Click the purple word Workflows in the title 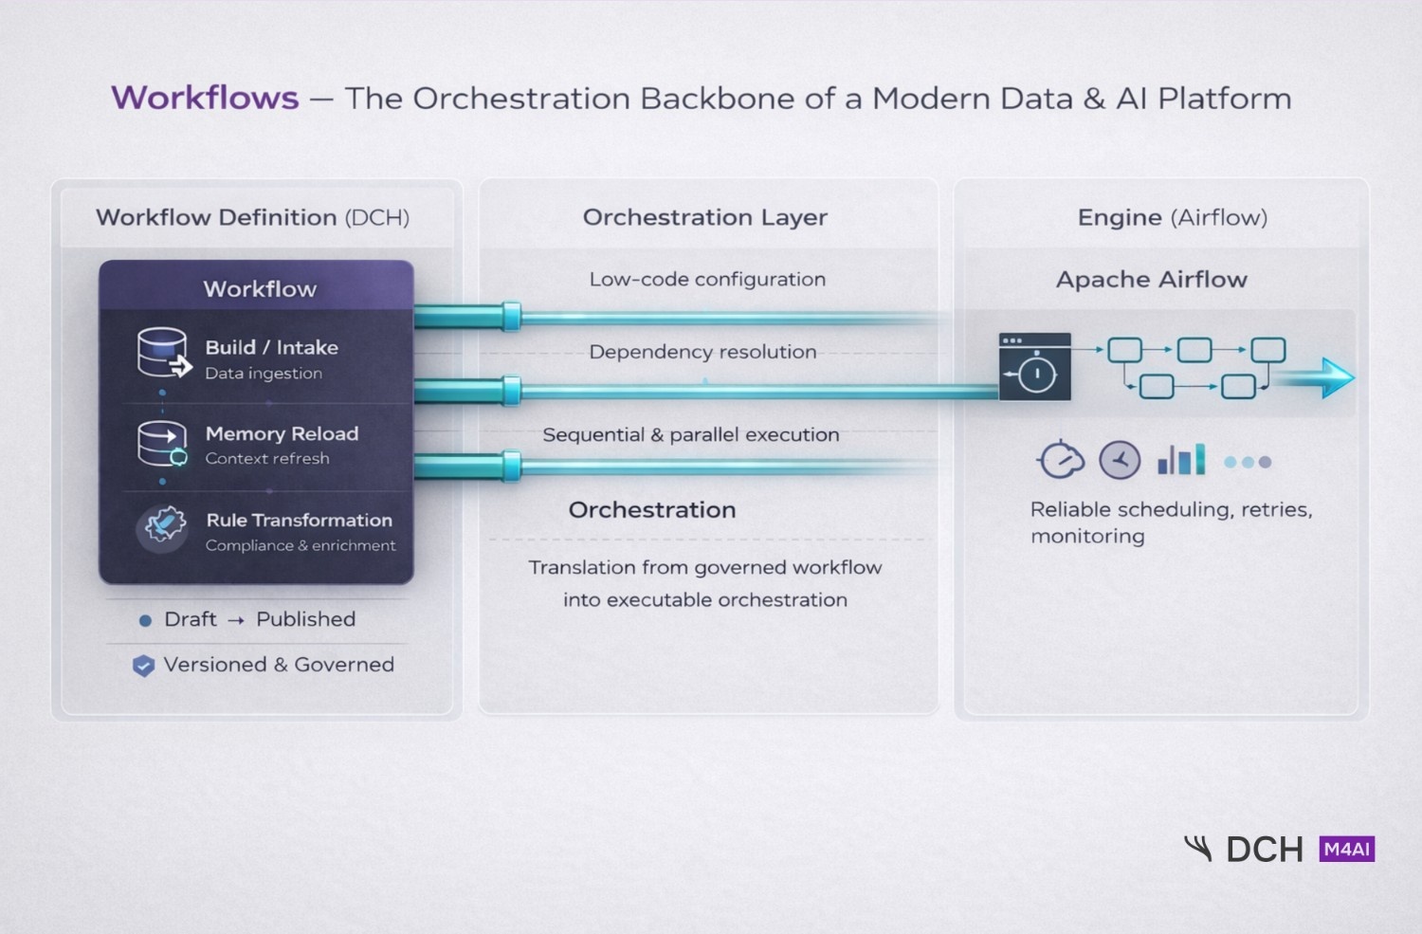(x=205, y=98)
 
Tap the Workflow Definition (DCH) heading (x=252, y=217)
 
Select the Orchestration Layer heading (x=705, y=217)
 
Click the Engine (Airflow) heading (x=1172, y=217)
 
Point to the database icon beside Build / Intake (x=163, y=354)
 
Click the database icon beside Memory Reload (x=162, y=443)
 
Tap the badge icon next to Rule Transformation (x=163, y=526)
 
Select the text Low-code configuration (x=707, y=279)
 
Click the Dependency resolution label (x=702, y=352)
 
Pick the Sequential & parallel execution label (x=690, y=434)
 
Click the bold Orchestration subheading (x=652, y=510)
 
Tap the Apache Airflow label (x=1152, y=280)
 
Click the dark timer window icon (x=1034, y=366)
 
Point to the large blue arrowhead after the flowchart (x=1337, y=377)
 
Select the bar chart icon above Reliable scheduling (x=1181, y=460)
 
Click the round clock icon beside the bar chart (x=1120, y=461)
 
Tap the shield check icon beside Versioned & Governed (x=143, y=666)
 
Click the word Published (x=305, y=619)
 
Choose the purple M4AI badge (x=1346, y=849)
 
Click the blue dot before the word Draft (x=145, y=621)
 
